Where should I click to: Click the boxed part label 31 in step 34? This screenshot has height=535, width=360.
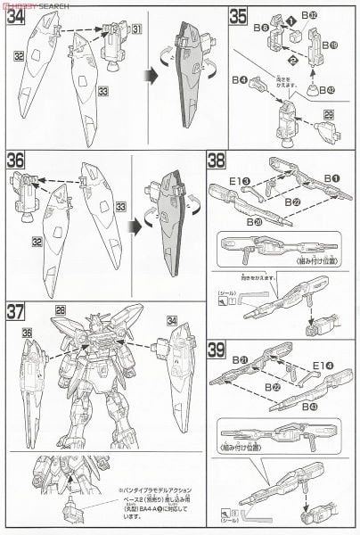click(136, 29)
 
